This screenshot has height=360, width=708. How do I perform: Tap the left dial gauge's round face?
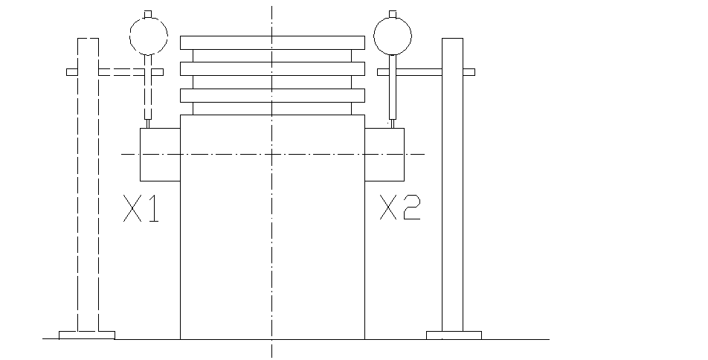(x=149, y=34)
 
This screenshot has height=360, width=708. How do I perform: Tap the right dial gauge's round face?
(x=392, y=33)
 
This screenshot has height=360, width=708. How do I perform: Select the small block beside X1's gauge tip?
(x=160, y=154)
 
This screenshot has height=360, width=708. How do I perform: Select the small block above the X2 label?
(x=384, y=154)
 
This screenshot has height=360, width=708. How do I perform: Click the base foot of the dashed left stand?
(x=87, y=335)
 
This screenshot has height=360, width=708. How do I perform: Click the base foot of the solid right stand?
(x=454, y=335)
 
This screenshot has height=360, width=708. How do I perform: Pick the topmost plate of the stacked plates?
(x=272, y=42)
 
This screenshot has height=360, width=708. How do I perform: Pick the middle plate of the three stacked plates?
(x=272, y=68)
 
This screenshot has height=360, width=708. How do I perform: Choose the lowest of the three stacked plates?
(x=272, y=94)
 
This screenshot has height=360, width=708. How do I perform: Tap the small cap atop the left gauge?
(x=149, y=13)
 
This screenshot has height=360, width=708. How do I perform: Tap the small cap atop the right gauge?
(x=392, y=13)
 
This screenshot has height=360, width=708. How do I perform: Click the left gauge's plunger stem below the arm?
(x=149, y=97)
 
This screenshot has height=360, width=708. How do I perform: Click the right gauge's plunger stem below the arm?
(x=392, y=97)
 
